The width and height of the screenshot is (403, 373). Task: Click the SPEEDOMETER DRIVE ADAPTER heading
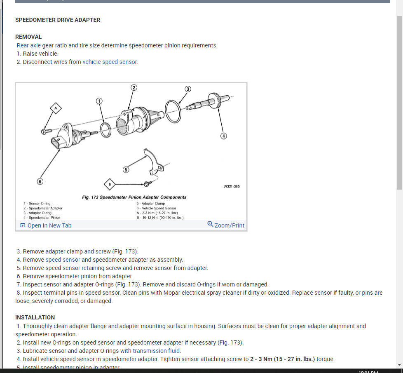[58, 20]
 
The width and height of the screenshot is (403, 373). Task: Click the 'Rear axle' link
[28, 45]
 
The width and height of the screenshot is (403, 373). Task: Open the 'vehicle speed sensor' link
[110, 62]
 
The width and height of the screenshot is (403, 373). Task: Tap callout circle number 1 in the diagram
[99, 101]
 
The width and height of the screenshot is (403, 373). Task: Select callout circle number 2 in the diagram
[134, 87]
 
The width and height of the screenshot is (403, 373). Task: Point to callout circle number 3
[187, 89]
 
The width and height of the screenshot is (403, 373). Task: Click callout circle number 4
[224, 136]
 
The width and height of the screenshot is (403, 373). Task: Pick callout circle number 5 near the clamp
[126, 169]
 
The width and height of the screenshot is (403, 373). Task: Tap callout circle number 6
[40, 181]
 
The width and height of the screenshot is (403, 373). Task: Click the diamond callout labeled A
[56, 108]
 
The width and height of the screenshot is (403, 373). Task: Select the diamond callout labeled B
[109, 183]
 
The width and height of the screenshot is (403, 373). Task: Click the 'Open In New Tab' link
[46, 225]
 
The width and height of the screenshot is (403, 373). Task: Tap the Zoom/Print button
[226, 225]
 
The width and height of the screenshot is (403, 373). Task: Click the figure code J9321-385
[231, 186]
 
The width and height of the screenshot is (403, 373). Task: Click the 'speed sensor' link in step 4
[63, 260]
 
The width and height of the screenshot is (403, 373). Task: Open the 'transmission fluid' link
[157, 351]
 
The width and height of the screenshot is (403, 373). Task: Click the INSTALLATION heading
[35, 317]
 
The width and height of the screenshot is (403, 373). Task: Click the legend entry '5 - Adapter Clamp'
[151, 204]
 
